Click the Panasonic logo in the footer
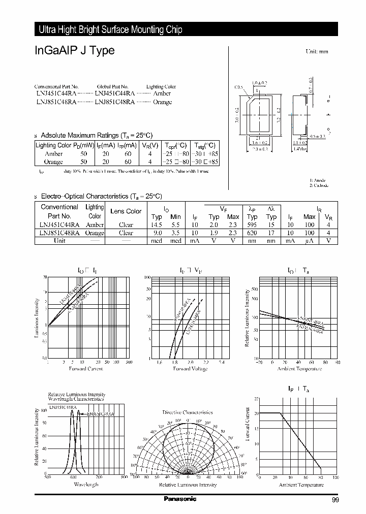click(x=180, y=499)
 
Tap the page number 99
click(x=335, y=500)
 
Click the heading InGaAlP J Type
click(x=75, y=51)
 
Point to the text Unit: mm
click(x=317, y=52)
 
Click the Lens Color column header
click(x=126, y=211)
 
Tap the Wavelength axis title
click(x=85, y=485)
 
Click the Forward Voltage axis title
click(x=190, y=369)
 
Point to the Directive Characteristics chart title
click(x=188, y=412)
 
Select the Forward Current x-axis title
click(x=86, y=369)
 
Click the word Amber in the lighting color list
click(x=162, y=94)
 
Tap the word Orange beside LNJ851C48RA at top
click(x=162, y=102)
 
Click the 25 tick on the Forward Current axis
click(x=256, y=399)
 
